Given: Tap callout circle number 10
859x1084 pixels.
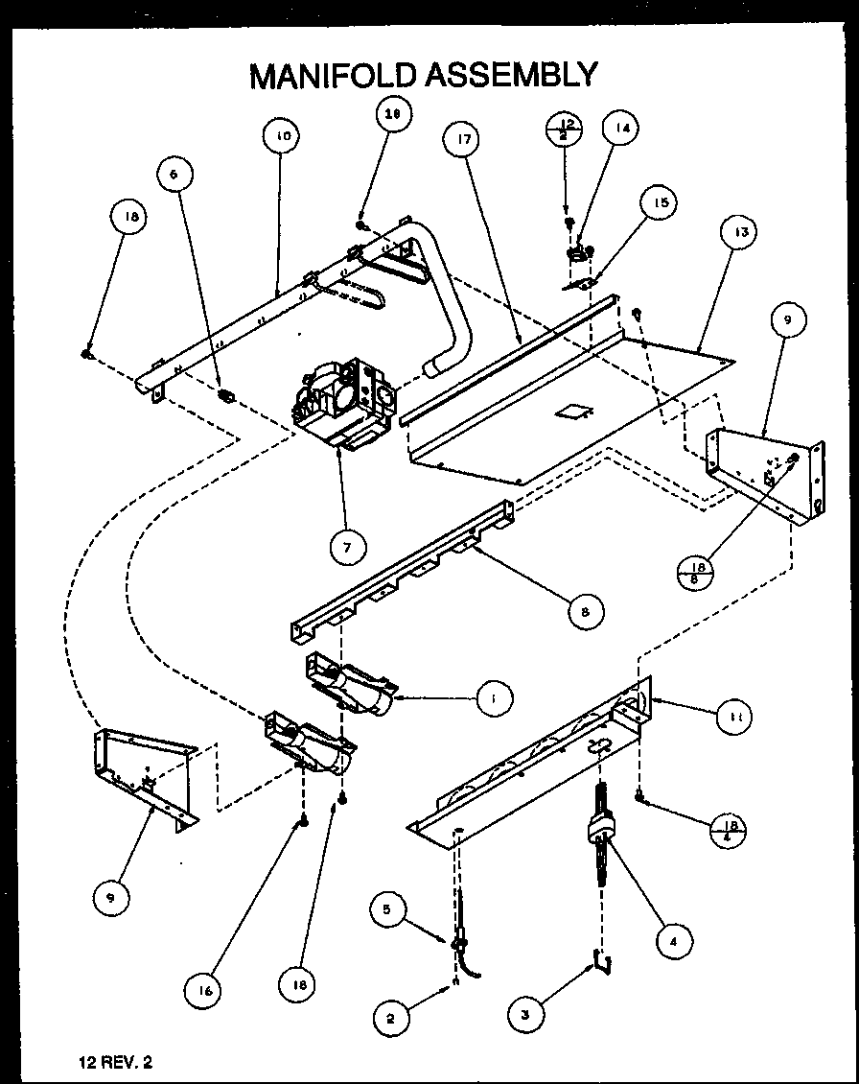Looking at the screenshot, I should click(283, 136).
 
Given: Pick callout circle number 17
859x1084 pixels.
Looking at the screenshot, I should click(463, 140).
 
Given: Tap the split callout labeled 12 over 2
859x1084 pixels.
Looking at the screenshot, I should click(566, 130).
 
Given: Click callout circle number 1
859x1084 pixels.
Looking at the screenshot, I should click(492, 697).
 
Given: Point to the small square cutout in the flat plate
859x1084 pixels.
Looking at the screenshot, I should click(576, 412).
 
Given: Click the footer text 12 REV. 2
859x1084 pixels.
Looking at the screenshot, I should click(116, 1061).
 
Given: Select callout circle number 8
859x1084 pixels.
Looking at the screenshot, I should click(586, 609).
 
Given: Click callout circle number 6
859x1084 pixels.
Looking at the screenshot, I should click(174, 175).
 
